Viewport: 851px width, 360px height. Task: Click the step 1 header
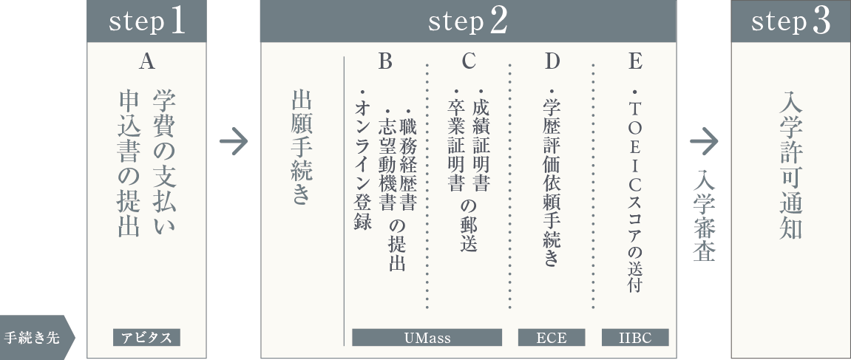[146, 21]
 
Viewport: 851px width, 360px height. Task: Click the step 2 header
[468, 21]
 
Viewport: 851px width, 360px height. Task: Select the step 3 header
[790, 21]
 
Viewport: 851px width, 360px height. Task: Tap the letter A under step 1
[146, 63]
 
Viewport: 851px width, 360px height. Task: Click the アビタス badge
[146, 338]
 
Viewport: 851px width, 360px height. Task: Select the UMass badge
[427, 338]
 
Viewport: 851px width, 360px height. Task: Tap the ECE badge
[552, 338]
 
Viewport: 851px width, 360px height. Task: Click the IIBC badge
[635, 338]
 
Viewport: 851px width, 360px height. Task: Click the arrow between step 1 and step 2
[234, 141]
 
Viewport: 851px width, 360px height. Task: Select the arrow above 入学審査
[704, 141]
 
